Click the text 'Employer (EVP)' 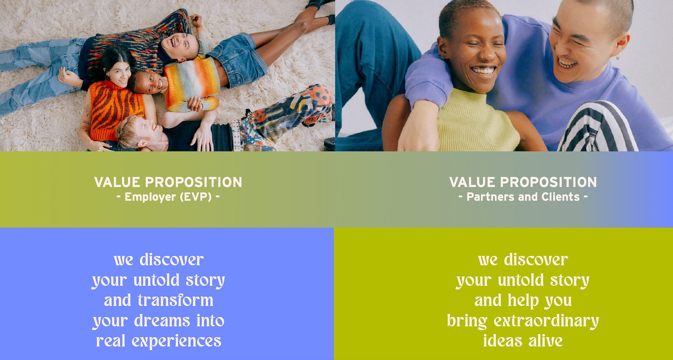coord(168,197)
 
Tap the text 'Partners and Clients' coord(523,197)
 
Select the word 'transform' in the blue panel coord(176,301)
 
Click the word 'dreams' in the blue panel coord(162,321)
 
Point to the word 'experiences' coord(176,341)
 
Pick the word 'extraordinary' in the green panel coord(546,321)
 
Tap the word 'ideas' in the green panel coord(503,341)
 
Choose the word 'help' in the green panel coord(523,301)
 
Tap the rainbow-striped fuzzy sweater coord(192,83)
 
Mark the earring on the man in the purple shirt coord(618,56)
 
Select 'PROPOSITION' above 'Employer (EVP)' coord(194,182)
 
